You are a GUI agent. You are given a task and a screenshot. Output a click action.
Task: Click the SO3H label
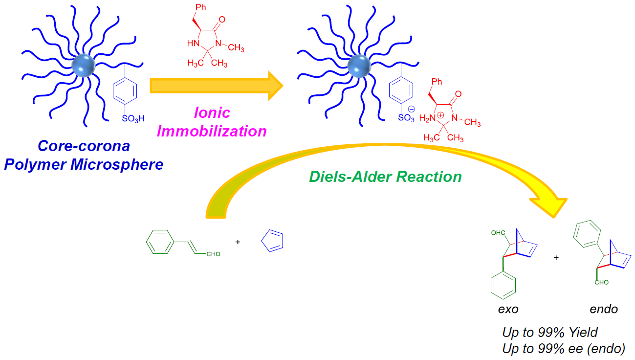click(x=133, y=118)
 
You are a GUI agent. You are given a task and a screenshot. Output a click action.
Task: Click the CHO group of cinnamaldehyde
click(x=214, y=254)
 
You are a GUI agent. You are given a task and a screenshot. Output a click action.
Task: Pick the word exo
click(x=508, y=309)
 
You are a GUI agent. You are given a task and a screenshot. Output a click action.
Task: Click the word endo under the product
click(x=604, y=309)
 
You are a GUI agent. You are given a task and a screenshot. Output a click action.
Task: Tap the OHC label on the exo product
click(x=498, y=233)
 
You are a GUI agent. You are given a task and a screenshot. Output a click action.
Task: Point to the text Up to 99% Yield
click(x=550, y=333)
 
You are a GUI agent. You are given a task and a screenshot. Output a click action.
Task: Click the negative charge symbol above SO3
click(x=411, y=109)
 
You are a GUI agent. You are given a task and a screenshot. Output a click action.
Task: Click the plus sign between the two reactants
click(x=238, y=242)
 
